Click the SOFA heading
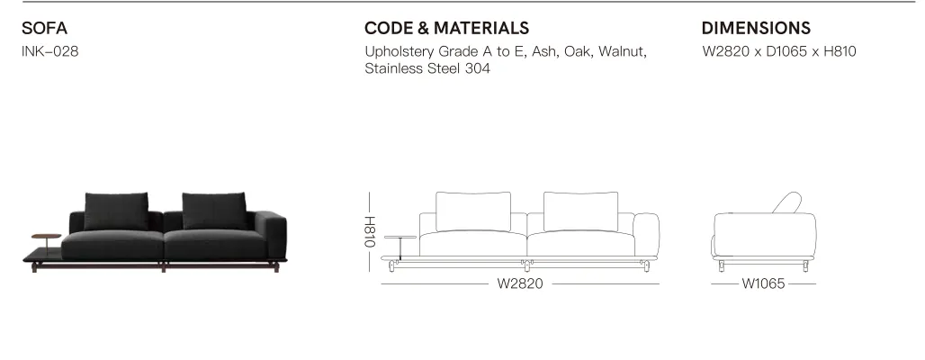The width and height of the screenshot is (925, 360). [x=44, y=28]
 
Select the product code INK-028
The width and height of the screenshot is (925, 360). [x=50, y=51]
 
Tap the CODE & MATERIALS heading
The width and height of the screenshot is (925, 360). [x=446, y=28]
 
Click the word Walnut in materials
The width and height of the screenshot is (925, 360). [x=623, y=51]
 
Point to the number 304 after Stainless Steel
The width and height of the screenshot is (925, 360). [x=477, y=68]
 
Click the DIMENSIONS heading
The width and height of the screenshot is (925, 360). [x=756, y=28]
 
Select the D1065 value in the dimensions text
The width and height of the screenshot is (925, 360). [x=786, y=51]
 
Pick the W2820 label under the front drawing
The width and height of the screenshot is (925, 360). [x=520, y=283]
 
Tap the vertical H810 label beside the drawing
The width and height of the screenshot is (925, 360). [x=369, y=232]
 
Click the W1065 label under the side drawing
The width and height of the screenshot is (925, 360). [x=763, y=283]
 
